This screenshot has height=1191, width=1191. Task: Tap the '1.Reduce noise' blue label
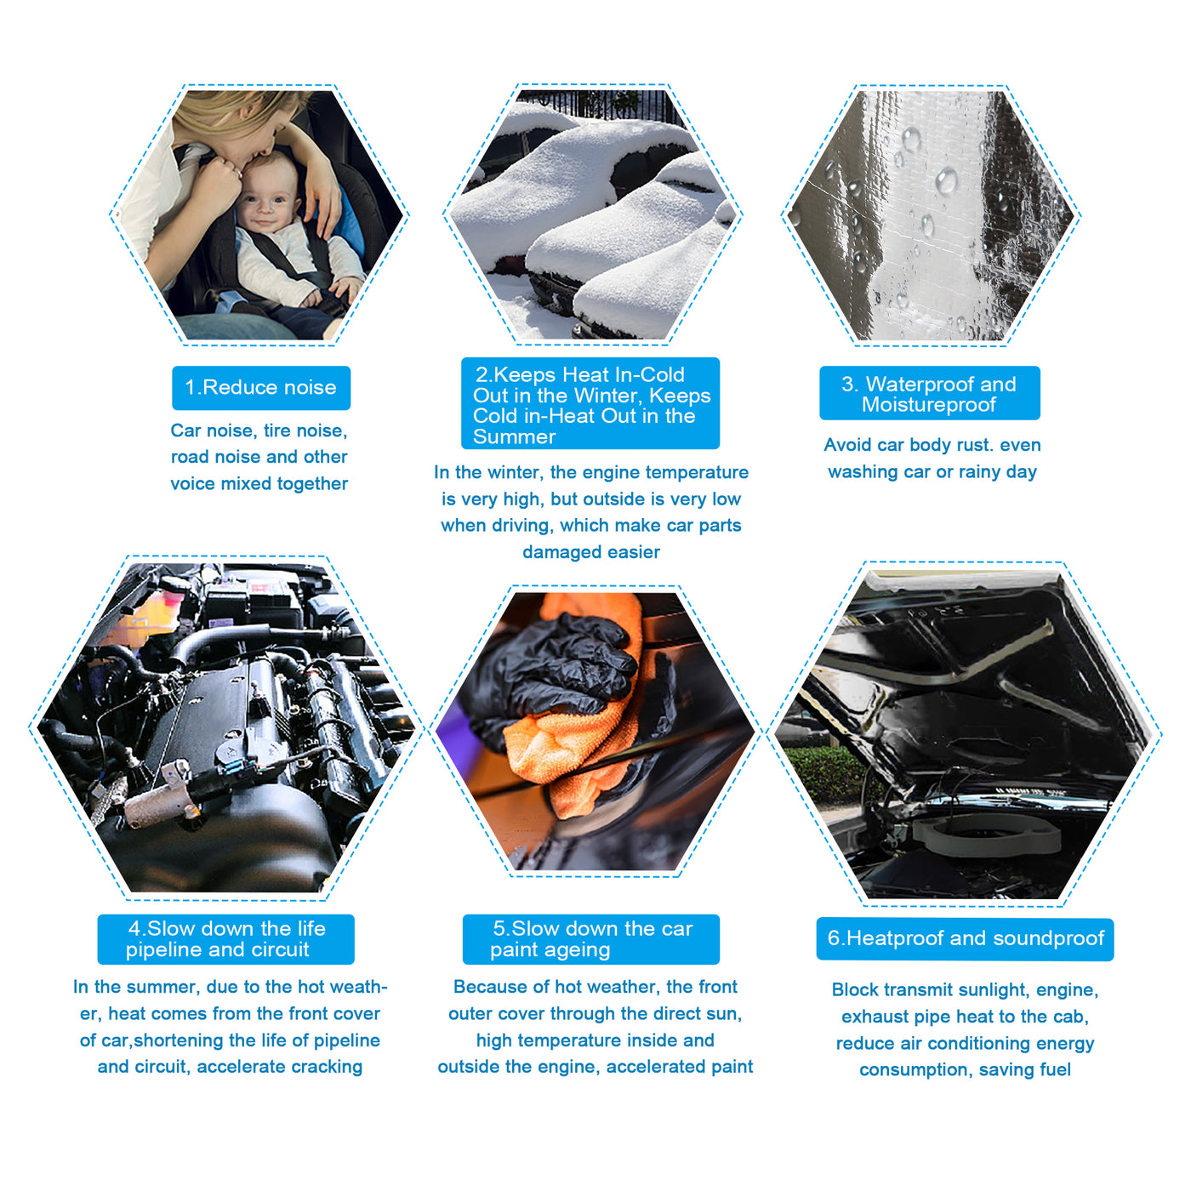point(261,388)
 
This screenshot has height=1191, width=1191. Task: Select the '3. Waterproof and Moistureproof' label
point(929,393)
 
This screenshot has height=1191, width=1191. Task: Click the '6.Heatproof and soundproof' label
point(965,939)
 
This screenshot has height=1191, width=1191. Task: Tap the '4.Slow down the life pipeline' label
point(226,939)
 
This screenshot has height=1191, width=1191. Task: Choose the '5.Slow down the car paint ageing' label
point(591,939)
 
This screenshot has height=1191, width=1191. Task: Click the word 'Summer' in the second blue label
point(514,437)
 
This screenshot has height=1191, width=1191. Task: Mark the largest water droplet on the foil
point(946,181)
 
